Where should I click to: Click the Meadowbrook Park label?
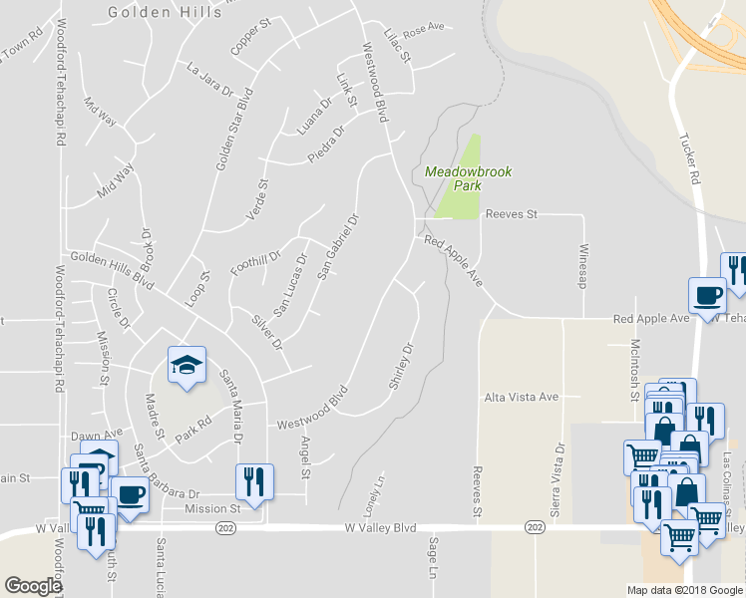468,178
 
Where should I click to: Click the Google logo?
33,586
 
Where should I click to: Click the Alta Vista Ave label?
521,397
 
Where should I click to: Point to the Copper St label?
250,36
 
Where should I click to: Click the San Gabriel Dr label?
337,245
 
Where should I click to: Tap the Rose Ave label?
423,28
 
